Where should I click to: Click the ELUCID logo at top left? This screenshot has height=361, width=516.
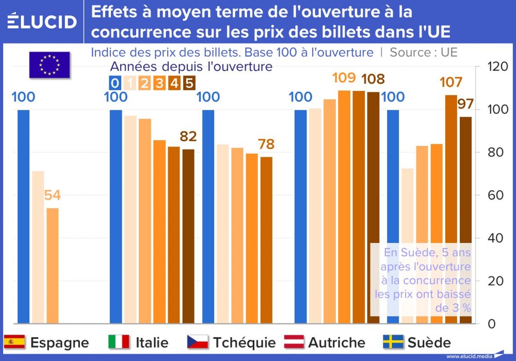point(42,21)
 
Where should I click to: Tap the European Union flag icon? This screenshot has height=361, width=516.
point(50,65)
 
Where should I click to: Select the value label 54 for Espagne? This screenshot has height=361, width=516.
point(52,195)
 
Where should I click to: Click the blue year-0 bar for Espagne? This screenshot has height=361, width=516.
point(24,217)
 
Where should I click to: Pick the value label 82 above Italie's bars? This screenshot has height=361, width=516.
point(188,136)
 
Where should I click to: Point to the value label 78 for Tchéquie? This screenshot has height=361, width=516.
point(266,144)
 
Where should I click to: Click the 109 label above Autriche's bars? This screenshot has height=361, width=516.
point(344,78)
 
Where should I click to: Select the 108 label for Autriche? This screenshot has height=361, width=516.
point(373,79)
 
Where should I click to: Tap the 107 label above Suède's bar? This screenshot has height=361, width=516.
point(450,83)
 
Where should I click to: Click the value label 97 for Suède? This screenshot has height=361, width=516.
point(465,104)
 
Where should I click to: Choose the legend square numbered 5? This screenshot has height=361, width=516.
point(189,83)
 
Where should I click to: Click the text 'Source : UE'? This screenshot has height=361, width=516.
point(423,52)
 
